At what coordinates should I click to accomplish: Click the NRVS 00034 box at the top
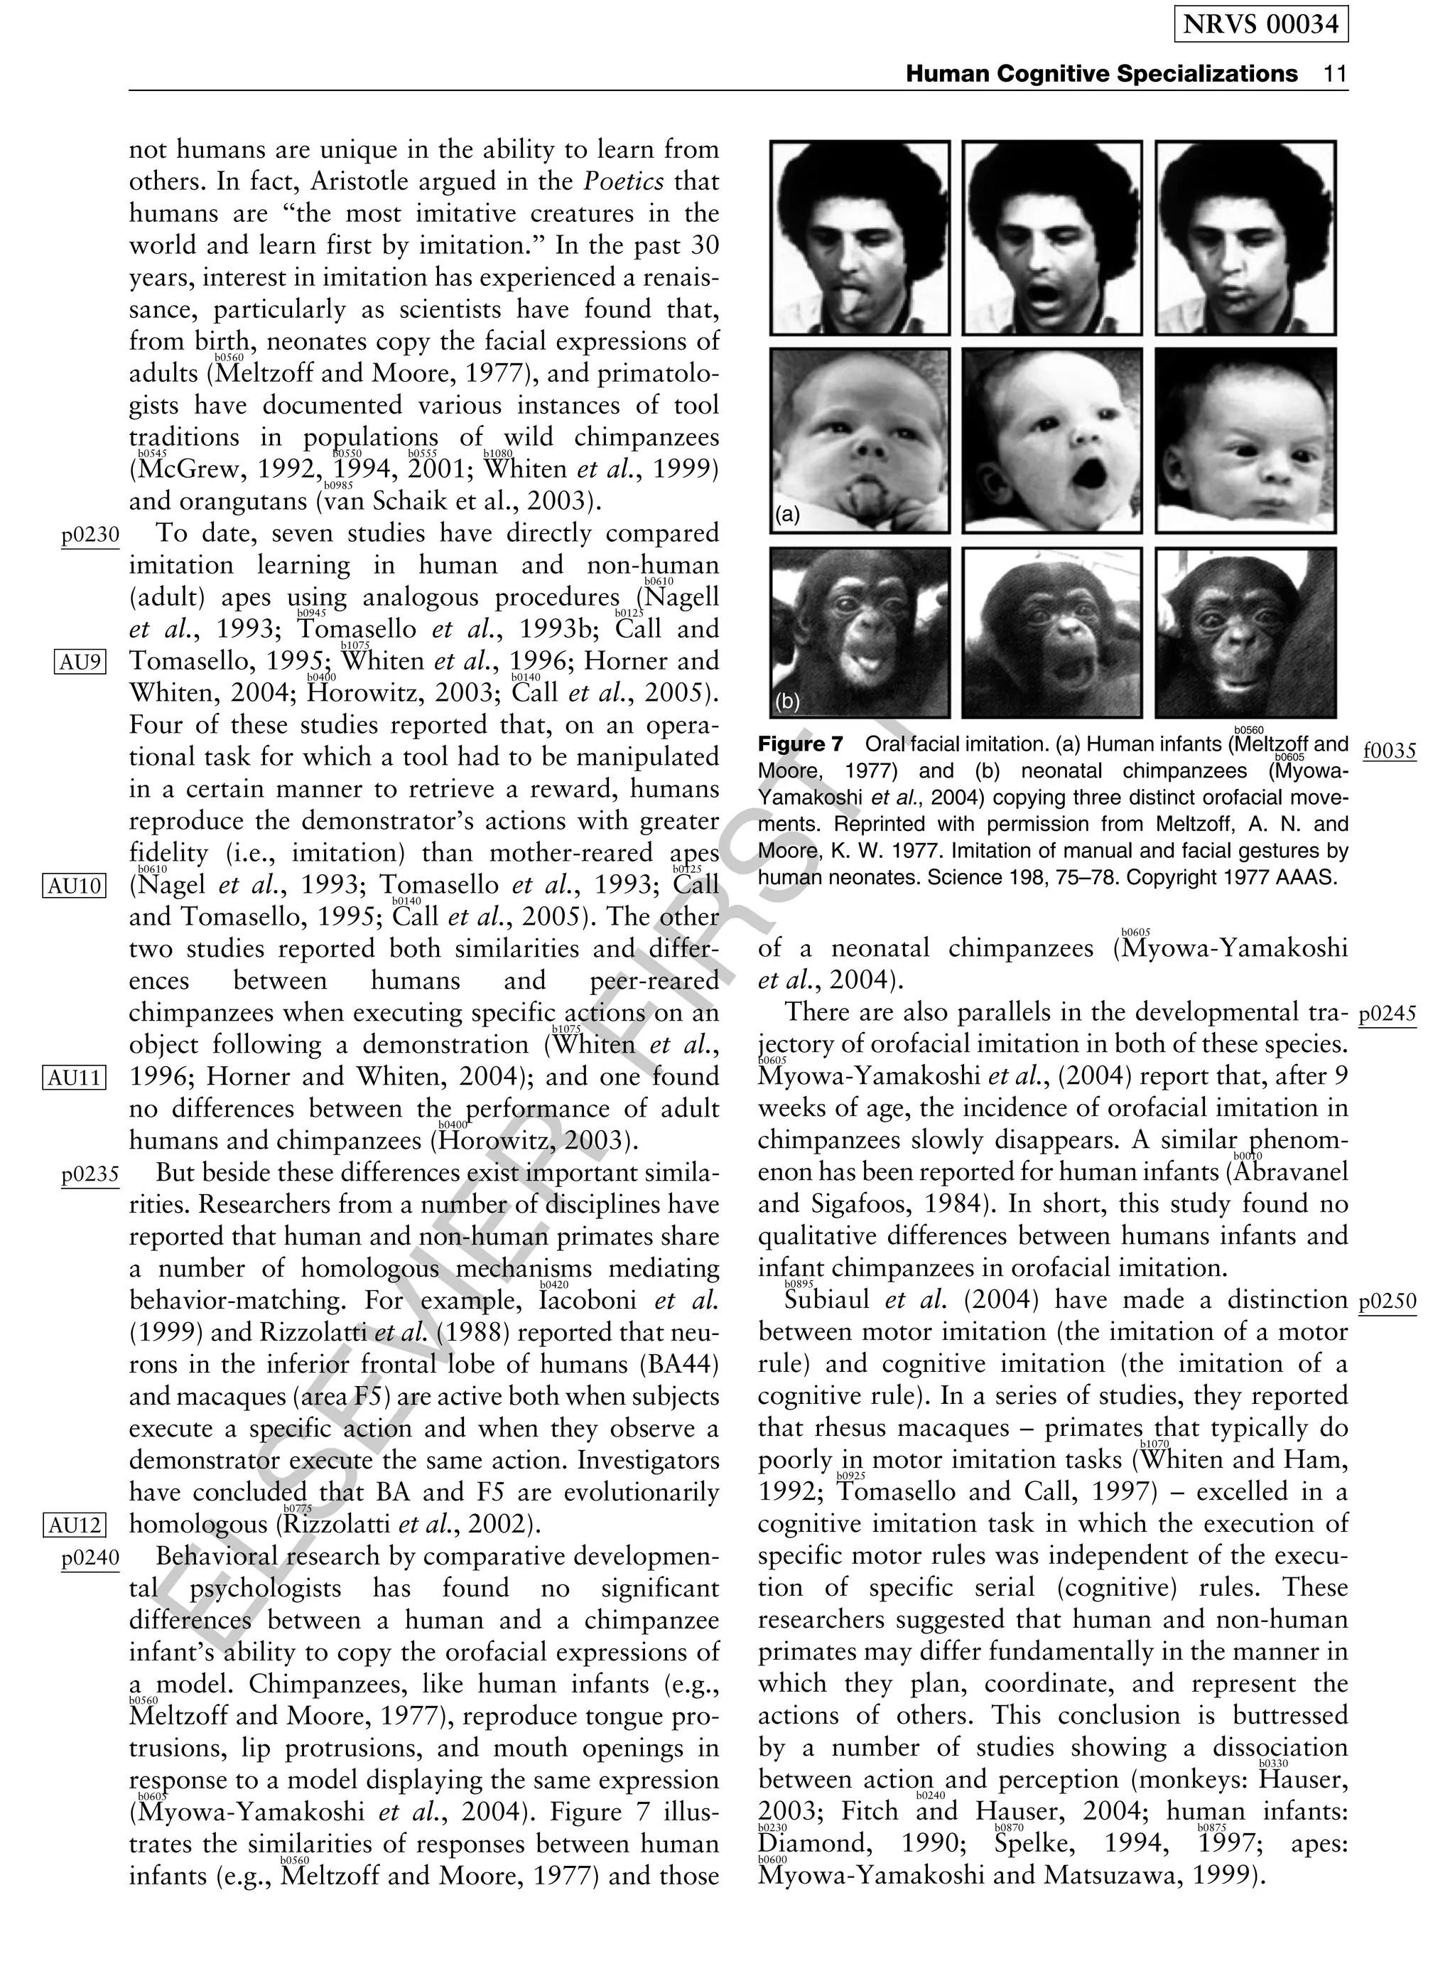(1260, 25)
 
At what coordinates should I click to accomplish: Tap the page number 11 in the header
(1335, 73)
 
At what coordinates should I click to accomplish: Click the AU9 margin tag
(80, 661)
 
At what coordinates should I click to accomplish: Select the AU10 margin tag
(74, 886)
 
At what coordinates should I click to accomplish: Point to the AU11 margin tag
(74, 1077)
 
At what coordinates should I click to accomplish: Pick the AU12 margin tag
(74, 1525)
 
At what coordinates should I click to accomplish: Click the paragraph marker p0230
(90, 535)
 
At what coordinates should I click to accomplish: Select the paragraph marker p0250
(1388, 1301)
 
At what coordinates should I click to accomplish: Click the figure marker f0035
(1389, 751)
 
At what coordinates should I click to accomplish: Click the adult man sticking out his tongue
(860, 238)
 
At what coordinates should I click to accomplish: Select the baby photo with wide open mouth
(1051, 441)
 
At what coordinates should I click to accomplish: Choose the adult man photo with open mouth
(1051, 238)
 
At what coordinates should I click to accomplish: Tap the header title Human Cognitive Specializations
(1101, 73)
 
